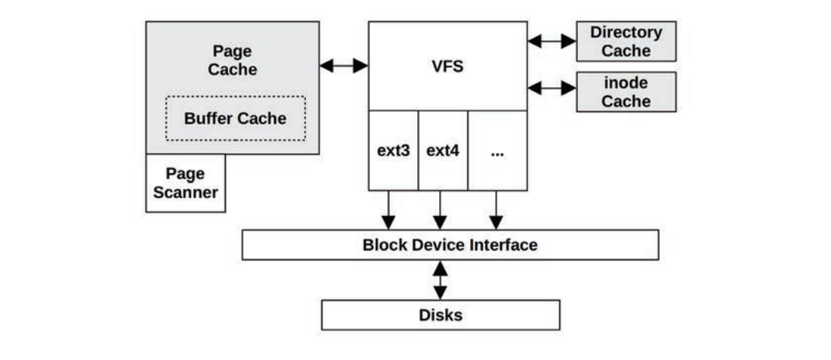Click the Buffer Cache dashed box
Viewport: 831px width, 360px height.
pyautogui.click(x=235, y=118)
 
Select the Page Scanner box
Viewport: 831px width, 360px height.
pyautogui.click(x=185, y=183)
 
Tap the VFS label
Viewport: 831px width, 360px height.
pyautogui.click(x=447, y=66)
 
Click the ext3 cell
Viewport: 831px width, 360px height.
pyautogui.click(x=393, y=150)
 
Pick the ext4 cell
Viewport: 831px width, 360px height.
pyautogui.click(x=442, y=150)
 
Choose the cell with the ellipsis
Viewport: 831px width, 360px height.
pyautogui.click(x=496, y=150)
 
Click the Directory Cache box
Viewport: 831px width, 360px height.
pyautogui.click(x=626, y=41)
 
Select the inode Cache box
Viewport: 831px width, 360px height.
pyautogui.click(x=626, y=92)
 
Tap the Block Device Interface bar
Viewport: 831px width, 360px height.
pyautogui.click(x=450, y=245)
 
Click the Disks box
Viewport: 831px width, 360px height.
pyautogui.click(x=441, y=315)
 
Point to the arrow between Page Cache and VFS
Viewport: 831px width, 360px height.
pyautogui.click(x=344, y=66)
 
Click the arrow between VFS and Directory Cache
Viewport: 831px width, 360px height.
pyautogui.click(x=551, y=41)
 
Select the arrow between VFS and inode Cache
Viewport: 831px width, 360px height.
pyautogui.click(x=551, y=88)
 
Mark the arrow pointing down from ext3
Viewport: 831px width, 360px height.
pyautogui.click(x=388, y=210)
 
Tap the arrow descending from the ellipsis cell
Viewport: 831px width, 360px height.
pyautogui.click(x=495, y=210)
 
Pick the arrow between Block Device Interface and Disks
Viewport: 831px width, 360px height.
pyautogui.click(x=440, y=280)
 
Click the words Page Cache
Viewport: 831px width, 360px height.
pyautogui.click(x=232, y=60)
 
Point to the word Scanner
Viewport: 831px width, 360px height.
pyautogui.click(x=185, y=192)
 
